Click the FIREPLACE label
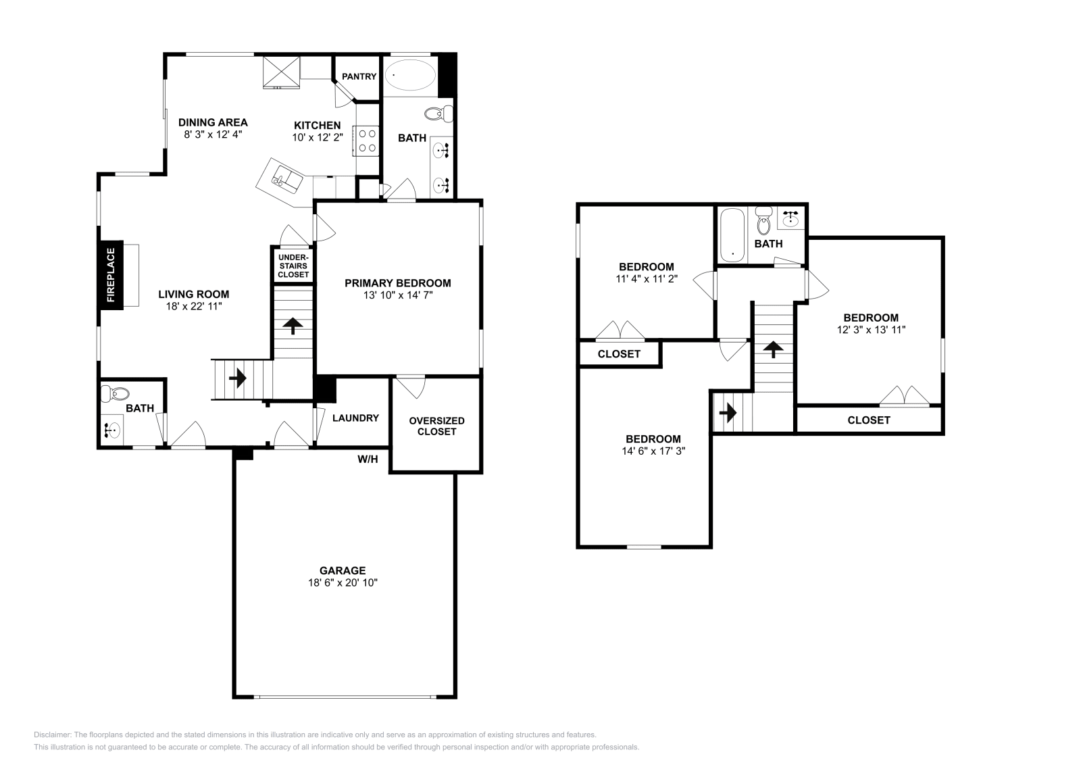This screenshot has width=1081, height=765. pyautogui.click(x=111, y=275)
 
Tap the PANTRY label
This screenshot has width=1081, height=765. pyautogui.click(x=359, y=76)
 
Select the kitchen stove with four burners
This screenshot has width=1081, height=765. pyautogui.click(x=368, y=140)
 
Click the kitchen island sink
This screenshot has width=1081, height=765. pyautogui.click(x=286, y=180)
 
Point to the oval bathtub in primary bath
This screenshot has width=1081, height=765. pyautogui.click(x=409, y=75)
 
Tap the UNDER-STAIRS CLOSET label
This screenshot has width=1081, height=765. pyautogui.click(x=293, y=266)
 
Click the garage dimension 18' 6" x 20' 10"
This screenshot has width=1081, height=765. pyautogui.click(x=343, y=582)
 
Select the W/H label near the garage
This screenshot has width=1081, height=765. pyautogui.click(x=368, y=460)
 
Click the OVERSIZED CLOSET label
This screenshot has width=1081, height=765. pyautogui.click(x=436, y=426)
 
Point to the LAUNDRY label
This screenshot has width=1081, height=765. pyautogui.click(x=355, y=418)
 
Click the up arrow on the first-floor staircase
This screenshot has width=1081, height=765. pyautogui.click(x=293, y=326)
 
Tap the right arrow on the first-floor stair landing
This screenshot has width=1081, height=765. pyautogui.click(x=237, y=378)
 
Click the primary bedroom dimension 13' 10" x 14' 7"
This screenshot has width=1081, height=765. pyautogui.click(x=397, y=295)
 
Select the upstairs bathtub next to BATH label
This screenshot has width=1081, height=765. pyautogui.click(x=732, y=236)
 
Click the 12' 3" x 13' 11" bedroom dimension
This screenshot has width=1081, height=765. pyautogui.click(x=870, y=329)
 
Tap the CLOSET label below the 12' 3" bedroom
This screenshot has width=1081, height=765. pyautogui.click(x=869, y=420)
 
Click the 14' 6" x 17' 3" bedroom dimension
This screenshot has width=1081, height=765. pyautogui.click(x=653, y=450)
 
